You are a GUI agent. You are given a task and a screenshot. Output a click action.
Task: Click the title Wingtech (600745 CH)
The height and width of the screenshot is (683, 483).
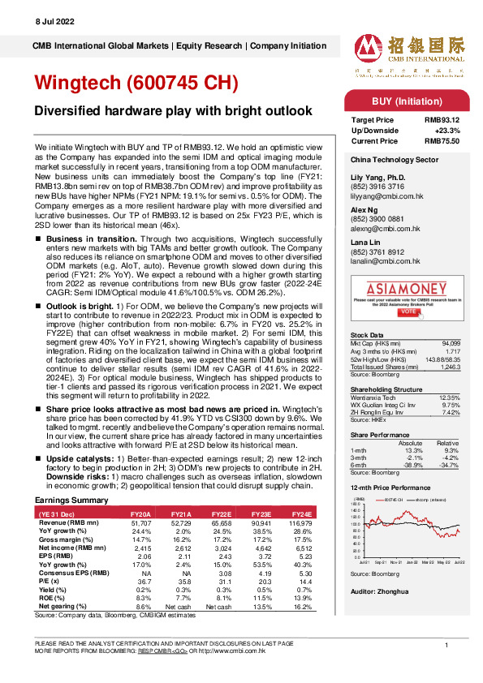click(x=134, y=84)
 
